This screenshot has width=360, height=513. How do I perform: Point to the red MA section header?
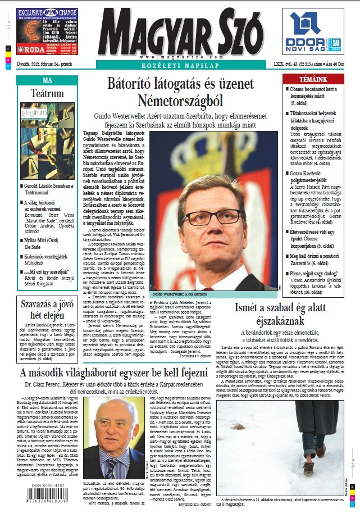47,80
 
